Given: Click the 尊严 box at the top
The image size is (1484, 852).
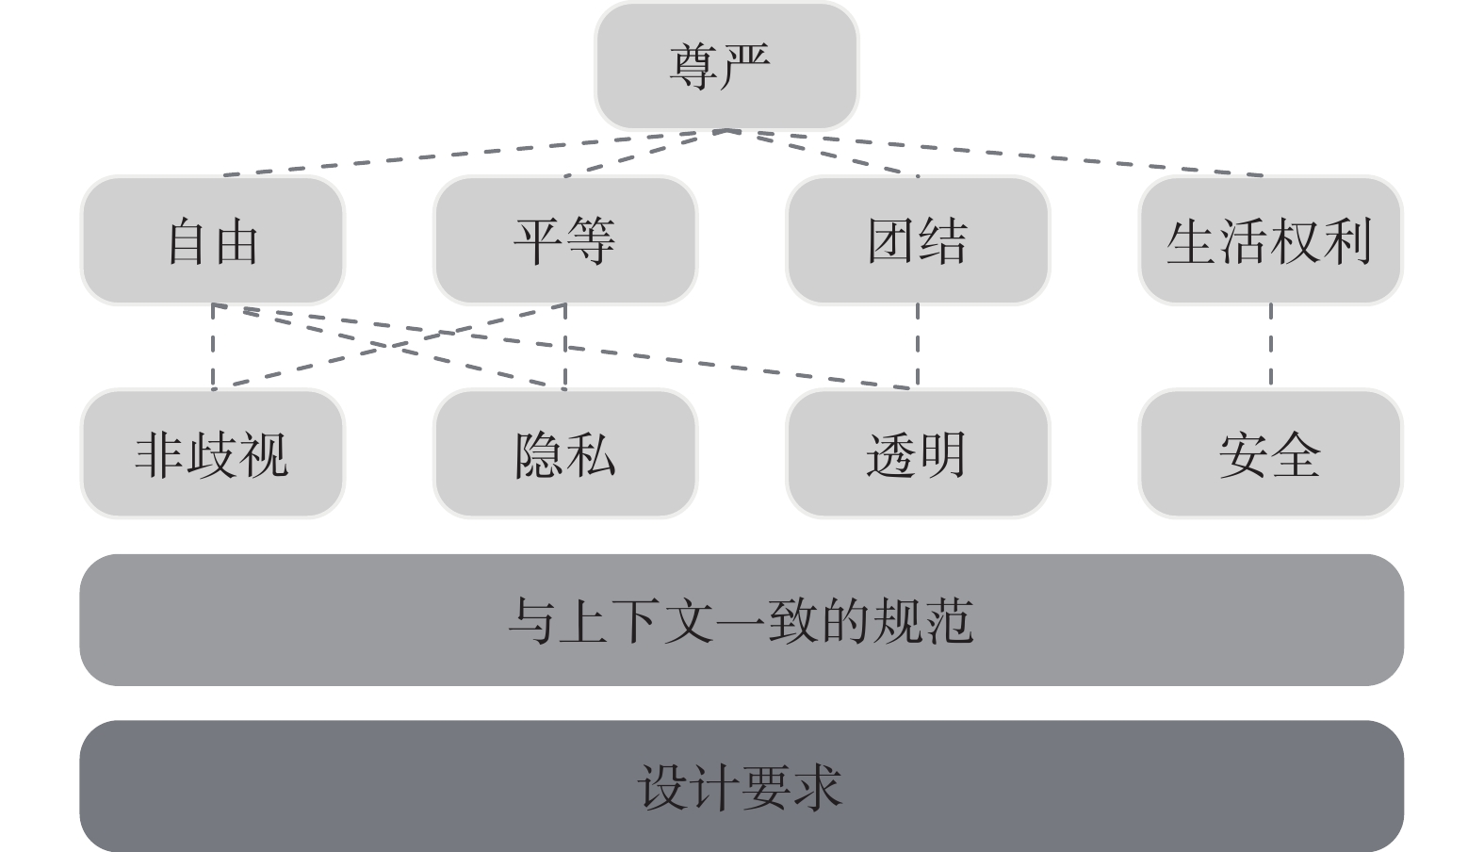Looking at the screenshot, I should [726, 66].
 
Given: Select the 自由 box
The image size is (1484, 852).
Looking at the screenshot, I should [212, 240].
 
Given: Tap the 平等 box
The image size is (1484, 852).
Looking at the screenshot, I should [564, 240].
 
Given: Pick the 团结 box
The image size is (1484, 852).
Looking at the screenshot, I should [917, 240].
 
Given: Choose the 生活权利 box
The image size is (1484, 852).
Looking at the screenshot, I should [1269, 240].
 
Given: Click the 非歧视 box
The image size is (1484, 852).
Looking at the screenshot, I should [212, 454].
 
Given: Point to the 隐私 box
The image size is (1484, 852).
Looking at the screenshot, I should [564, 454].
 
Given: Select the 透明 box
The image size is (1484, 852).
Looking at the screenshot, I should [917, 454].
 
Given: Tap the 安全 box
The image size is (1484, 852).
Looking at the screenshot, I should [1269, 454].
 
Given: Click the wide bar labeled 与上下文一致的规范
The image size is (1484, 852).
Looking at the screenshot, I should [741, 620].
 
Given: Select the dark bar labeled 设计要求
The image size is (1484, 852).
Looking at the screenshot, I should [741, 786].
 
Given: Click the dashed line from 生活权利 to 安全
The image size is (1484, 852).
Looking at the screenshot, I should [1270, 345].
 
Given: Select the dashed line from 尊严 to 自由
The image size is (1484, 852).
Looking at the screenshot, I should [471, 153].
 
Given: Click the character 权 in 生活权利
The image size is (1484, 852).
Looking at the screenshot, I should [1295, 241].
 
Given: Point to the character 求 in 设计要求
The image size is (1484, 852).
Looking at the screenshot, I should [816, 787].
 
